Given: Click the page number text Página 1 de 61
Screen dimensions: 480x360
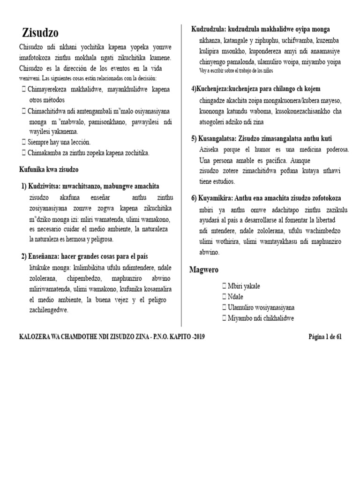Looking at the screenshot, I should pyautogui.click(x=325, y=337).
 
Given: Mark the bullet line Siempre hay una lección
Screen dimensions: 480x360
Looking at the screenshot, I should pyautogui.click(x=59, y=142).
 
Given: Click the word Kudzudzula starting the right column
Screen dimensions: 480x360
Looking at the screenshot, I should pyautogui.click(x=208, y=30).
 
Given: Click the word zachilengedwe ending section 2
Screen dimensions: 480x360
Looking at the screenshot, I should pyautogui.click(x=48, y=310).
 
